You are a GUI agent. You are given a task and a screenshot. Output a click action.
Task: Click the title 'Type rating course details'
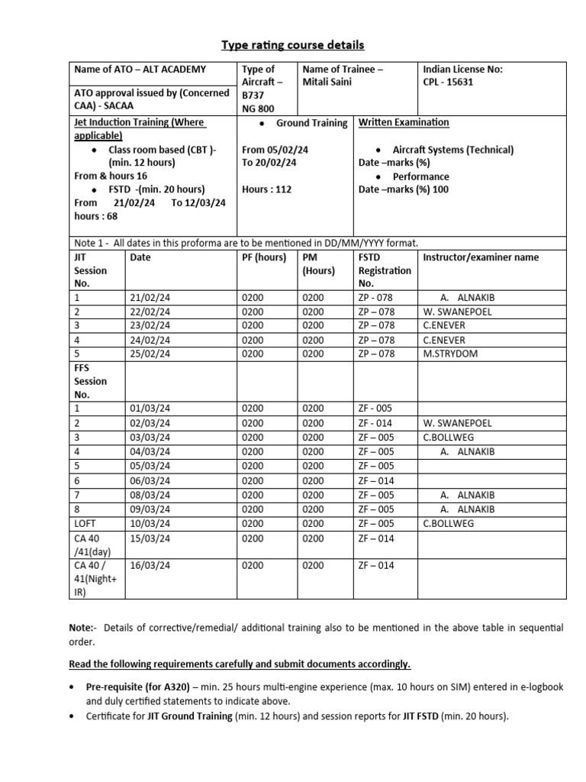pos(293,45)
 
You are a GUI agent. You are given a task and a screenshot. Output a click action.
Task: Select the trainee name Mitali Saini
pos(327,82)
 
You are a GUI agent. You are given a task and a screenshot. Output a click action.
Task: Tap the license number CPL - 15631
pos(448,82)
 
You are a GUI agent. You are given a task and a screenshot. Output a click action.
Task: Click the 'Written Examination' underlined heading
pos(404,122)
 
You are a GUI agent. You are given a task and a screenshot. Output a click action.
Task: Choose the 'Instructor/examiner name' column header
pos(480,257)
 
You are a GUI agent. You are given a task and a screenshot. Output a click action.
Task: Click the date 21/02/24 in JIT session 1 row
pos(150,298)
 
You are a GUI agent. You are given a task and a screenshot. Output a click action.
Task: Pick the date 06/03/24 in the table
pos(150,480)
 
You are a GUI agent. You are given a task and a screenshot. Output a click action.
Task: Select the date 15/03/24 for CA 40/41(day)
pos(150,538)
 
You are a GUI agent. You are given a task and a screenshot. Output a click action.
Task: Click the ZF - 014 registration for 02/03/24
pos(375,423)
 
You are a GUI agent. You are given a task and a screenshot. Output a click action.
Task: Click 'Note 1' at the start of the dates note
pos(89,243)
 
